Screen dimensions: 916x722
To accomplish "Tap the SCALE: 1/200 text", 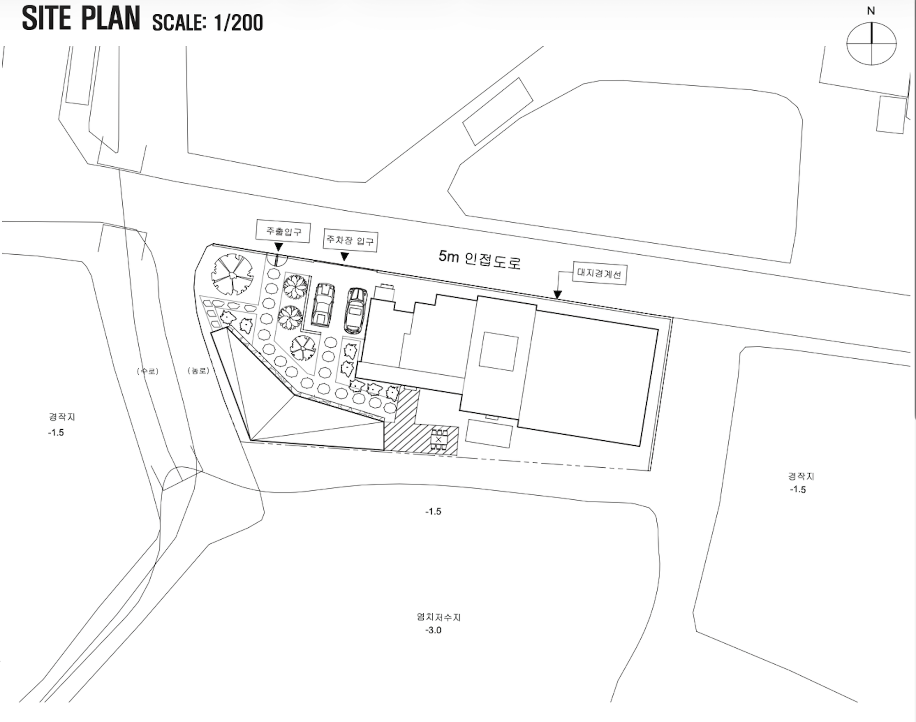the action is [x=208, y=22].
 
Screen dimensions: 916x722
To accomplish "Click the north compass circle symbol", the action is [x=871, y=44].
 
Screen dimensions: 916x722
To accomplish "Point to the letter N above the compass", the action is [x=871, y=11].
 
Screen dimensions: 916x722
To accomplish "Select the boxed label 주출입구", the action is [x=283, y=232].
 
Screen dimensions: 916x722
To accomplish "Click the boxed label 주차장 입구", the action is [x=350, y=240].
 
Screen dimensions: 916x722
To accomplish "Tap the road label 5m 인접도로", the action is [x=480, y=259].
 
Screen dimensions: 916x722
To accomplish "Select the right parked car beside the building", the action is [x=356, y=310].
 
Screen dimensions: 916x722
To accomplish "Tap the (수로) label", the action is [x=147, y=371].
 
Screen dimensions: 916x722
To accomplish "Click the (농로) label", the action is [x=198, y=371].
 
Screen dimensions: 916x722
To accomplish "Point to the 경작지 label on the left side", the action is [x=62, y=417].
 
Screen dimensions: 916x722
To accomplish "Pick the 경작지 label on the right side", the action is [x=801, y=476].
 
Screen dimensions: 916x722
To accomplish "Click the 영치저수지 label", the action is [x=439, y=617].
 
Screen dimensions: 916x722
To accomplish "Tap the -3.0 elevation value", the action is [x=433, y=630].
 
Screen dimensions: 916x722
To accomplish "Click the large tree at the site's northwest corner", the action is [x=232, y=275].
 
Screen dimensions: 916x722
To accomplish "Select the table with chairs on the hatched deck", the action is [x=439, y=440].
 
